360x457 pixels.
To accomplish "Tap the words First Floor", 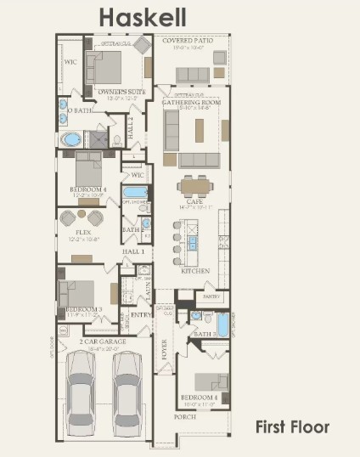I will click(x=292, y=426).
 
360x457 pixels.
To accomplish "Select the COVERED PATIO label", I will click(x=189, y=41).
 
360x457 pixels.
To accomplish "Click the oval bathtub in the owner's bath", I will click(x=71, y=139).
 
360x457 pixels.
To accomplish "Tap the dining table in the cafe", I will click(x=196, y=185).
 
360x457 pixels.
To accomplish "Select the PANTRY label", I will click(x=211, y=296).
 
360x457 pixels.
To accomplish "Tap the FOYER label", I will click(x=165, y=347).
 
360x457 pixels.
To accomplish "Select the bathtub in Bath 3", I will click(x=222, y=324).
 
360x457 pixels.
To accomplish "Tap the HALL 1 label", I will click(x=133, y=252).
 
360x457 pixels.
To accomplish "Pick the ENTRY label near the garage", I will click(x=140, y=314).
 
